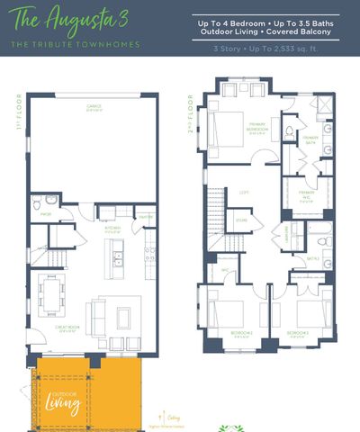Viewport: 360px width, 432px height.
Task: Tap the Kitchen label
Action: click(112, 229)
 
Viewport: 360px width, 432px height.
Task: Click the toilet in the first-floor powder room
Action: click(51, 201)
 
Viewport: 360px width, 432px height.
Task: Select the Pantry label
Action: click(143, 217)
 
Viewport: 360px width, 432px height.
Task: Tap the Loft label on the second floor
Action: click(243, 192)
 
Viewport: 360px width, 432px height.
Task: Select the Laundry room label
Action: click(286, 233)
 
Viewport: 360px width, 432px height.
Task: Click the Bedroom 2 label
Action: click(241, 332)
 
